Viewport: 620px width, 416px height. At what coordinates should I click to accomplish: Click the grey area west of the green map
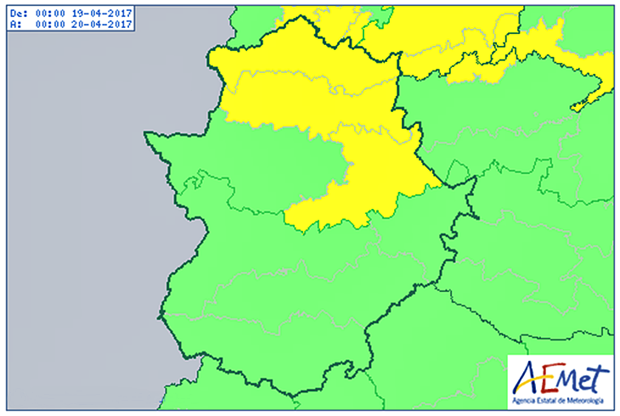pos(76,212)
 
